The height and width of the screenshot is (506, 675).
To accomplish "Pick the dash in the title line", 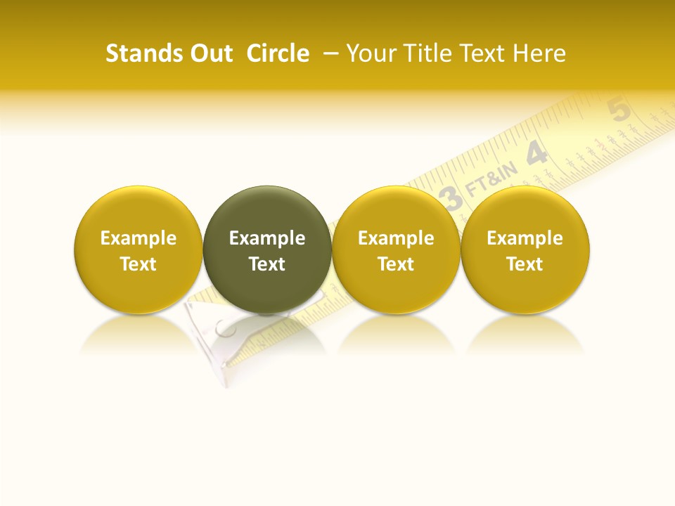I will point(328,54).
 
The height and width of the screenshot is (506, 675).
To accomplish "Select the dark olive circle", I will point(267,249).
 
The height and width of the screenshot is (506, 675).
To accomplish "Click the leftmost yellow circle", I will point(139,249).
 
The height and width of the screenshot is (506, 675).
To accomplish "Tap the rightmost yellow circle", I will point(525,249).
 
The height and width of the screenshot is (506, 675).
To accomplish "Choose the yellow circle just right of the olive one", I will point(396,249).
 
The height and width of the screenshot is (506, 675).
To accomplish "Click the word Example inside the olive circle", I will point(267,238).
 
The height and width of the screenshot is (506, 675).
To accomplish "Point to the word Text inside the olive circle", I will point(267,264).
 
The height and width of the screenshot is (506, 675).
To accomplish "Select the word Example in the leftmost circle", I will point(139,238).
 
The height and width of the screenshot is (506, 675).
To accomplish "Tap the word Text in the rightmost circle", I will point(525,264).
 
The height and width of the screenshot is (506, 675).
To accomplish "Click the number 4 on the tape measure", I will point(537,153).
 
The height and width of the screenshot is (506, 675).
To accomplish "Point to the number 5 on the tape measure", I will point(619,110).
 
